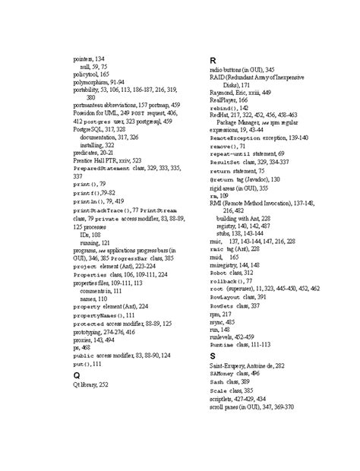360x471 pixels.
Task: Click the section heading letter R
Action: click(213, 60)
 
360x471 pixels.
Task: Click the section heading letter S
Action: click(213, 356)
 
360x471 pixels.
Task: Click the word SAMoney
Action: click(224, 372)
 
